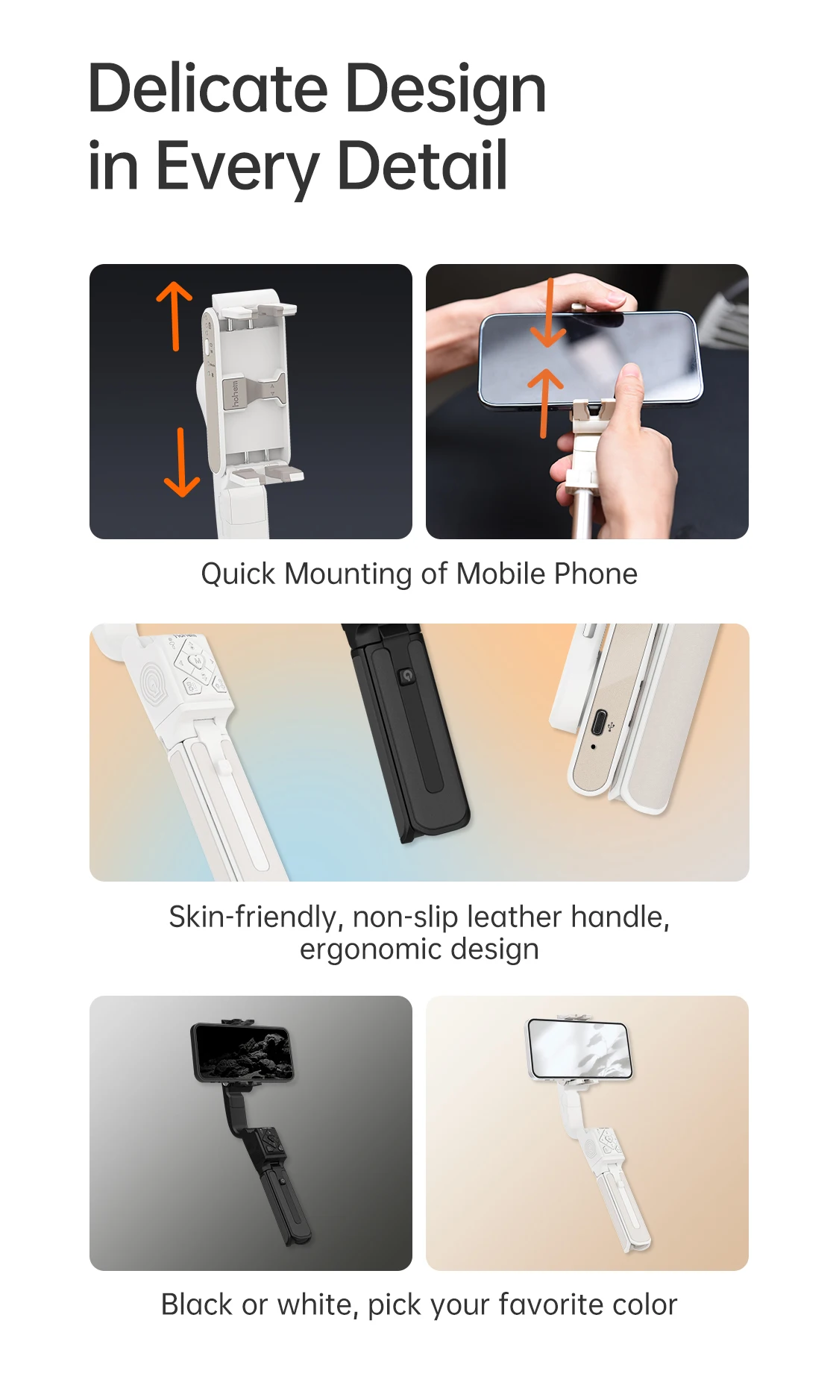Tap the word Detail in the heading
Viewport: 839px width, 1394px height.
(422, 165)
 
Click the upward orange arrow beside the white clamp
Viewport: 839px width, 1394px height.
(175, 315)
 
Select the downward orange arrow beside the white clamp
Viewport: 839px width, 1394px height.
(181, 462)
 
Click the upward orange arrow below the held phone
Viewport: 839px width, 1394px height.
(545, 403)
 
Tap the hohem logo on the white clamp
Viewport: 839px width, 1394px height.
(234, 393)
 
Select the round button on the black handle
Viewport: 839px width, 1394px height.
(406, 676)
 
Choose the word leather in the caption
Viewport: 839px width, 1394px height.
(515, 917)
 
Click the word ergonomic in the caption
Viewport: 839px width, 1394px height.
(371, 949)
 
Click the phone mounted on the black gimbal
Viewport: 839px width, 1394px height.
(242, 1052)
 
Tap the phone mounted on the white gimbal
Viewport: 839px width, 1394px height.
(580, 1048)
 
